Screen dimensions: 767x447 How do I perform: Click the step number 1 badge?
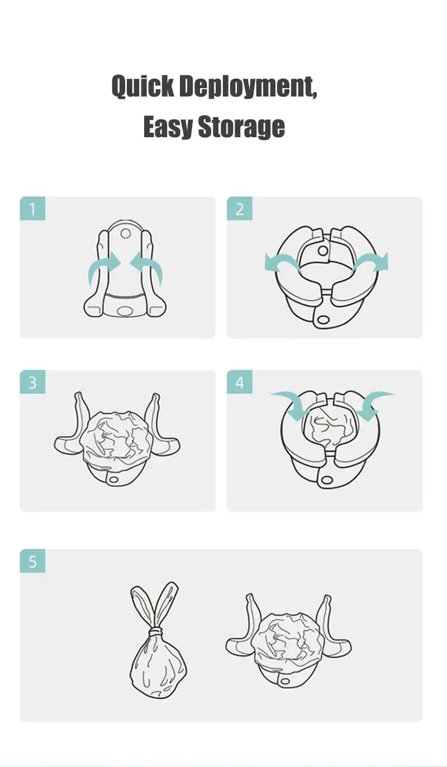[32, 209]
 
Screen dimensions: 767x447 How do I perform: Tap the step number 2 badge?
[240, 209]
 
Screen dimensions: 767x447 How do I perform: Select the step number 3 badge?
[32, 383]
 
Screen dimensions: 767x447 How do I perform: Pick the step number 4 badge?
[240, 383]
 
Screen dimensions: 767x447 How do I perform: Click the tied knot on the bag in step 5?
[156, 631]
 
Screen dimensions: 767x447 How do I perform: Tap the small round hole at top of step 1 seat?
[125, 233]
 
